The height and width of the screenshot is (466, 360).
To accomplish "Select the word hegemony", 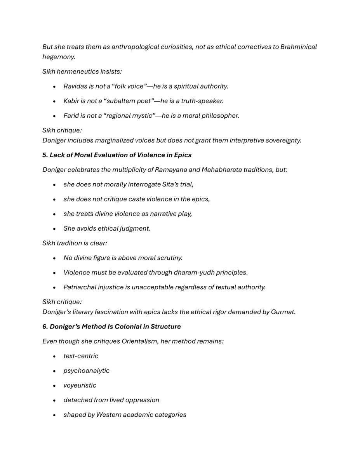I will coord(58,57).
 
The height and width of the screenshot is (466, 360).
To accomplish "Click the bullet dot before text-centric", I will coord(55,356).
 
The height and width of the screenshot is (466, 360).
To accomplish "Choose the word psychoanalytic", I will coord(86,371).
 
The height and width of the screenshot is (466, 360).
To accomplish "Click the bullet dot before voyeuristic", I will coord(55,386).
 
